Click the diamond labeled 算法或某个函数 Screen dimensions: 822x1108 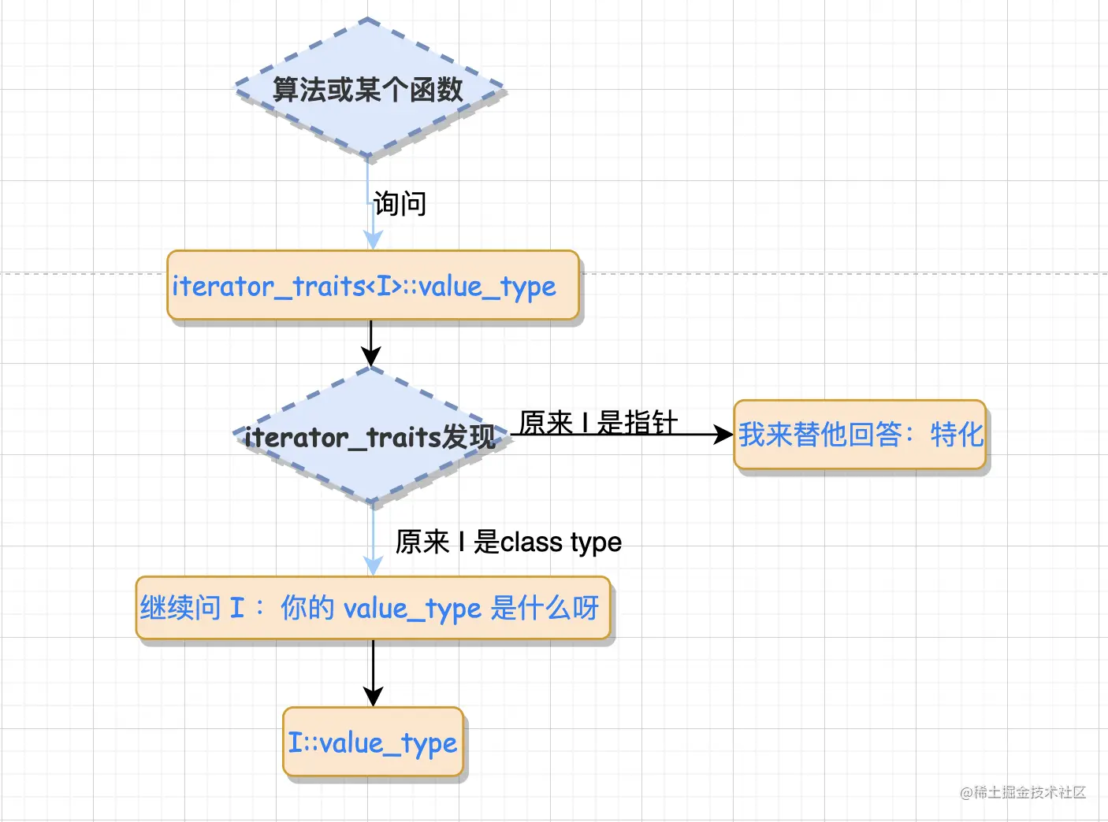pyautogui.click(x=368, y=89)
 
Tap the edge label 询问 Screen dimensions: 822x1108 pyautogui.click(x=400, y=204)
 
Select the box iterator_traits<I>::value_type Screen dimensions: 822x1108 pyautogui.click(x=373, y=286)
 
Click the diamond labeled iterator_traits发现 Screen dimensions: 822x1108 pyautogui.click(x=370, y=436)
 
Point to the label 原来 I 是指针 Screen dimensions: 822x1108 pyautogui.click(x=598, y=423)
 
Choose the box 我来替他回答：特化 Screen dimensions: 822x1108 pyautogui.click(x=860, y=435)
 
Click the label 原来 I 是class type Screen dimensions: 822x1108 pyautogui.click(x=508, y=542)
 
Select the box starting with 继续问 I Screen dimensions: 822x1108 pyautogui.click(x=373, y=608)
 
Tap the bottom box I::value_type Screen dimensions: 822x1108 pyautogui.click(x=373, y=742)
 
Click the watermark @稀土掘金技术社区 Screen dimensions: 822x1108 pyautogui.click(x=1022, y=792)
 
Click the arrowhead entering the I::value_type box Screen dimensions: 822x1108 pyautogui.click(x=373, y=697)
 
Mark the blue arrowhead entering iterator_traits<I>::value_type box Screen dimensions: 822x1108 pyautogui.click(x=373, y=240)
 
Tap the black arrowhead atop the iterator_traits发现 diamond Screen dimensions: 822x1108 pyautogui.click(x=370, y=357)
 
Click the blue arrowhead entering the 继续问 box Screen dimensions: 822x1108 pyautogui.click(x=373, y=565)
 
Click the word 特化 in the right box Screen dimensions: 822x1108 pyautogui.click(x=957, y=435)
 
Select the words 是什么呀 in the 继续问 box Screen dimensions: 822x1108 pyautogui.click(x=545, y=608)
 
